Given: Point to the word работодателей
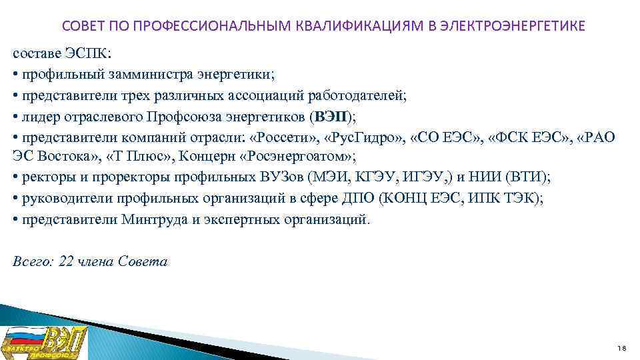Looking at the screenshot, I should (x=357, y=95).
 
